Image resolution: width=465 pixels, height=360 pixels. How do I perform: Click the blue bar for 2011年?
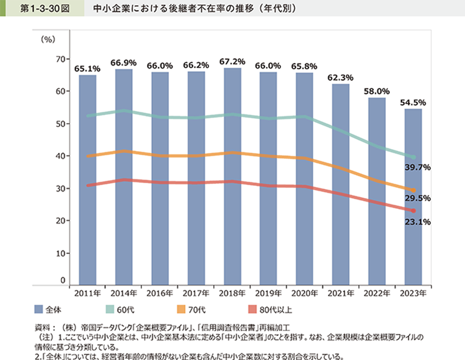coord(88,178)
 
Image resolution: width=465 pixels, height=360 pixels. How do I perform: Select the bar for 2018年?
coord(232,176)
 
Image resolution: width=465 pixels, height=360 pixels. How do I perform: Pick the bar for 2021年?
coord(341,184)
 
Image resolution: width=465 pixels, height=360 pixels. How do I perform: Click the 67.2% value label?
coord(232,61)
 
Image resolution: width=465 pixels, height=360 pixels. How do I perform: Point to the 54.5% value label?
coord(414,102)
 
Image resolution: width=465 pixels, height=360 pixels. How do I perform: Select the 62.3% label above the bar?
coord(341,77)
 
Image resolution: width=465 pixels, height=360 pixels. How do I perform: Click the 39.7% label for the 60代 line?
coord(418,167)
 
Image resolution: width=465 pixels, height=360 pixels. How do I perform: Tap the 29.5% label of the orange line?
coord(418,198)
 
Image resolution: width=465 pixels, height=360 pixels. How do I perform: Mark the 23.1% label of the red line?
coord(418,222)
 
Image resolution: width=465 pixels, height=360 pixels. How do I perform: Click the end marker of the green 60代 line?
coord(414,157)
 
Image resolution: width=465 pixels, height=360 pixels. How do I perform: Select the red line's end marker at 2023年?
coord(414,210)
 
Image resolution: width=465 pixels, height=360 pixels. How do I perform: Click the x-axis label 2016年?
coord(160,292)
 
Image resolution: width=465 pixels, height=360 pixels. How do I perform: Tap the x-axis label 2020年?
coord(305,292)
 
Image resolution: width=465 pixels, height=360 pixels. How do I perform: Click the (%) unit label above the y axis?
coord(48,39)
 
